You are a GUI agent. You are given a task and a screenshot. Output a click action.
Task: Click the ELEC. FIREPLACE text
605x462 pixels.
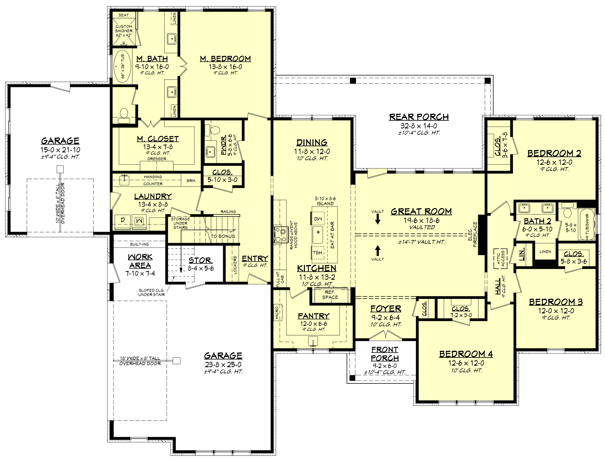pos(472,234)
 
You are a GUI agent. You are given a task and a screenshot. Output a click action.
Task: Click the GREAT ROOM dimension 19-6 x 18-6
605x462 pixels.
pos(421,220)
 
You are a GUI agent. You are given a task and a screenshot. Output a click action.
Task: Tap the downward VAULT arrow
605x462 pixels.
pos(378,219)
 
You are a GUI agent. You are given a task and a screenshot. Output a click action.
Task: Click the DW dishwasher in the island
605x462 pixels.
pos(318,219)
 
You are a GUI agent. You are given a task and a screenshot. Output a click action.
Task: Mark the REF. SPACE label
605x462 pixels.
pos(330,295)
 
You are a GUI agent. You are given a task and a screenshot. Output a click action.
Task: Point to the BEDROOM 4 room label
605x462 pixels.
pos(466,354)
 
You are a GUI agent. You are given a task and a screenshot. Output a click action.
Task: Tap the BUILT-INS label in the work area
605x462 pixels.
pos(139,244)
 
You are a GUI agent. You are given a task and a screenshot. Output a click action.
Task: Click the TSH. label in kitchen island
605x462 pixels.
pos(318,252)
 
